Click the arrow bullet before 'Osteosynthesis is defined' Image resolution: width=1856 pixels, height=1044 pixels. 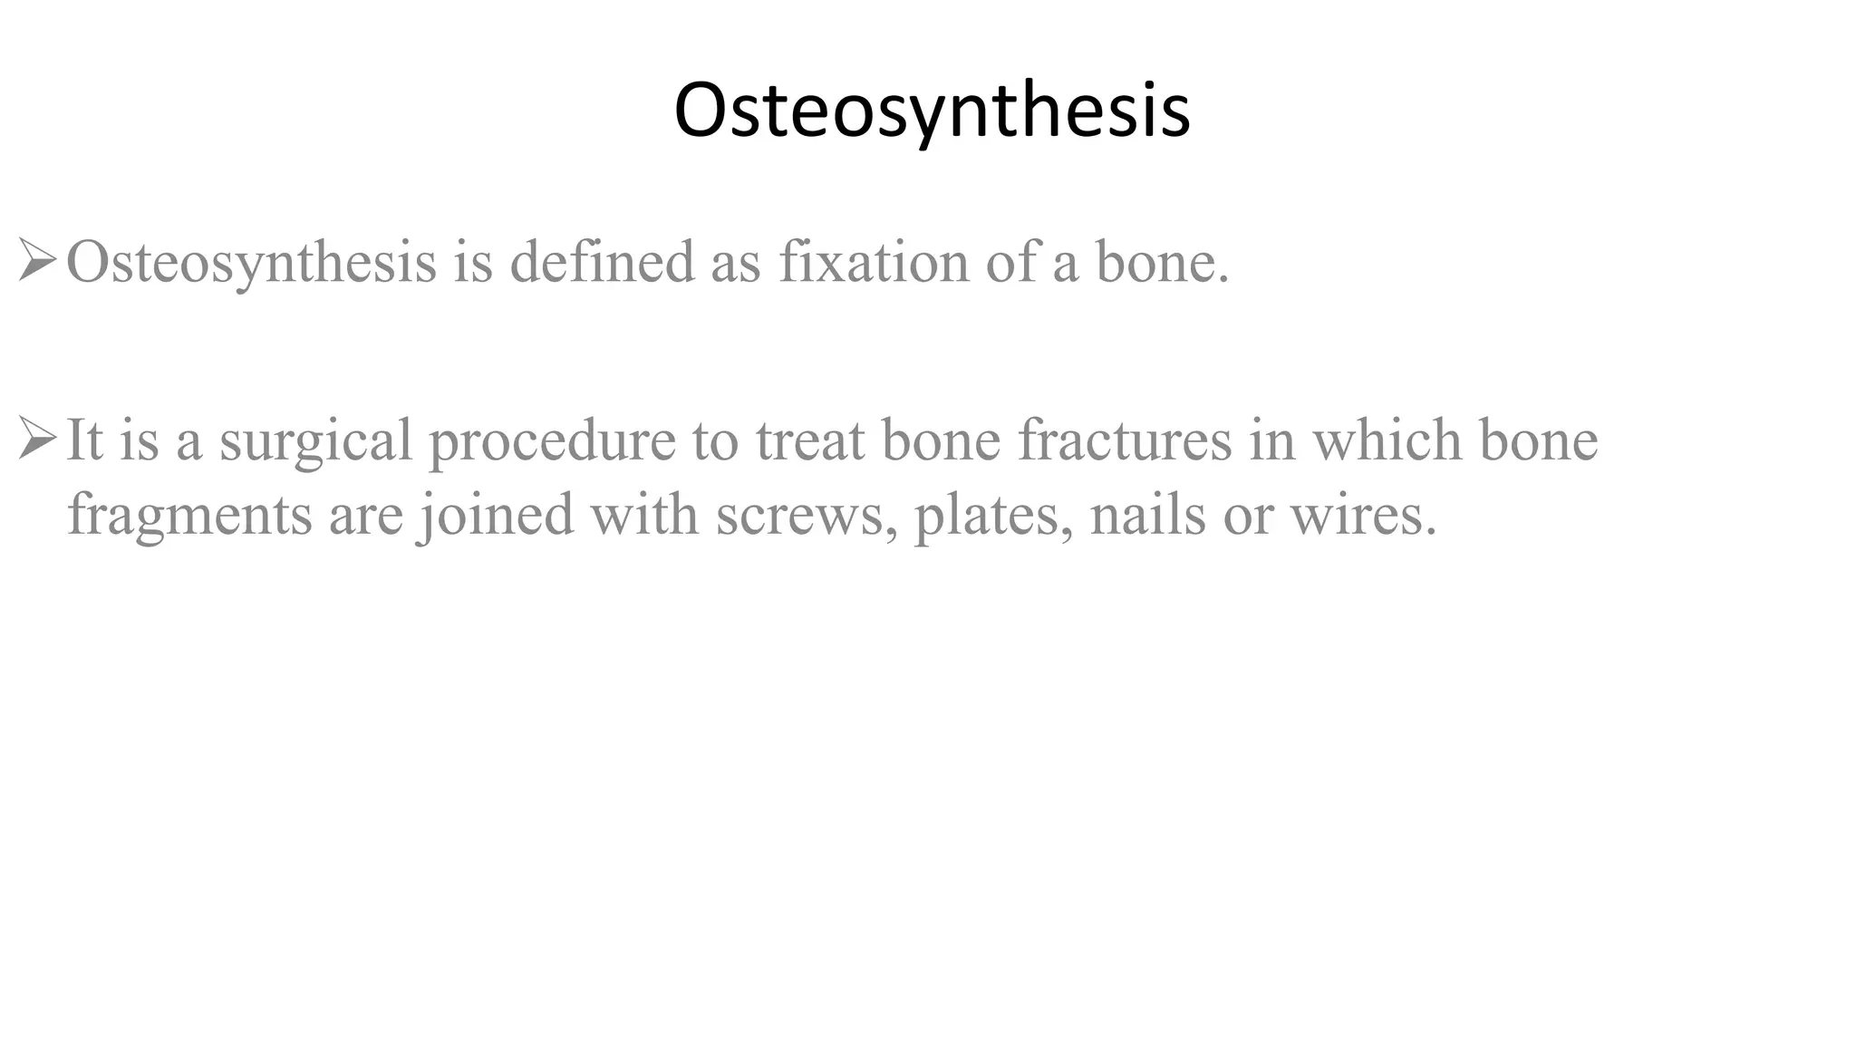pos(37,262)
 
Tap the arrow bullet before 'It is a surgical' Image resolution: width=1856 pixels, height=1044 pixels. pos(37,440)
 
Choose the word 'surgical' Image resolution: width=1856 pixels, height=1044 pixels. pos(315,441)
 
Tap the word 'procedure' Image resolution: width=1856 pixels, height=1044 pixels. pos(552,441)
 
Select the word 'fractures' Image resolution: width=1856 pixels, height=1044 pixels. pos(1124,441)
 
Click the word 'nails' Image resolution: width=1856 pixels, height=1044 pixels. pos(1147,516)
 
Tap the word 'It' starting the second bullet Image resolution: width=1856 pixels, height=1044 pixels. pos(84,441)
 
